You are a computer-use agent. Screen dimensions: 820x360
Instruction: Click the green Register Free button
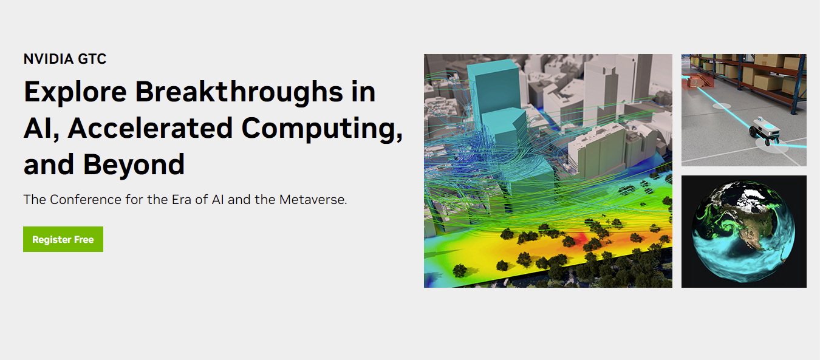coord(63,239)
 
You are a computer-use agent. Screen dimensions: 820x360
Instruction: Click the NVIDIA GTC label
coord(65,59)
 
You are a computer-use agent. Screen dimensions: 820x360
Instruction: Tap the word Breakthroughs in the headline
coord(239,92)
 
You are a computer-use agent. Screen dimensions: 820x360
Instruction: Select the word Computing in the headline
coord(322,129)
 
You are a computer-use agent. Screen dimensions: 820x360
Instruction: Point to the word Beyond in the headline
coord(134,165)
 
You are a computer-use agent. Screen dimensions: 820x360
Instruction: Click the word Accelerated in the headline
coord(150,128)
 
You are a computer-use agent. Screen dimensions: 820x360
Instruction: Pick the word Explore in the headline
coord(75,92)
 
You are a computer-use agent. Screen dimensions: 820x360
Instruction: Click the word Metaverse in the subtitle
coord(313,200)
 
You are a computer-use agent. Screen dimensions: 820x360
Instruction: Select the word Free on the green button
coord(84,240)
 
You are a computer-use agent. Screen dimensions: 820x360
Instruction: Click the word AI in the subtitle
coord(218,200)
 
